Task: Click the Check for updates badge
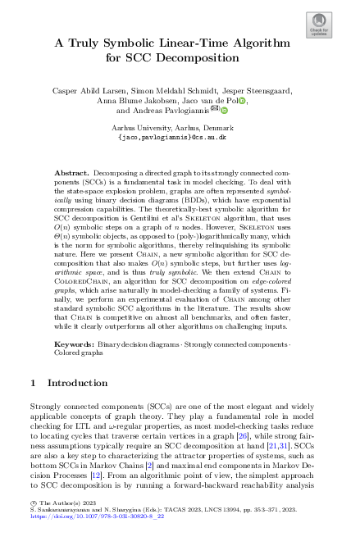point(318,26)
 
